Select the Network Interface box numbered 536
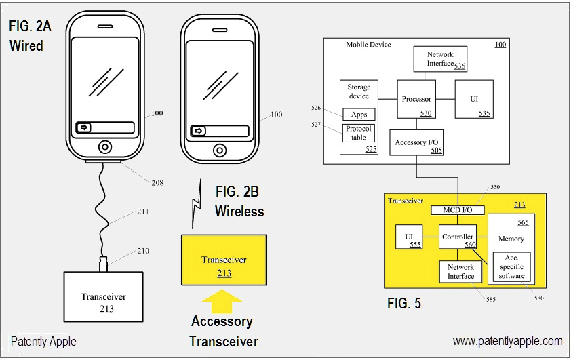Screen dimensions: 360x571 (440, 59)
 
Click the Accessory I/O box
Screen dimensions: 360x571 (416, 142)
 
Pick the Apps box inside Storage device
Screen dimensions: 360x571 (359, 115)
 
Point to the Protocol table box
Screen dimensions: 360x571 (359, 133)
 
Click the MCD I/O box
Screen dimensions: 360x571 (457, 210)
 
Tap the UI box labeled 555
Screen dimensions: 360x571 (409, 237)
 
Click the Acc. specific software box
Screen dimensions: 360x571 (511, 266)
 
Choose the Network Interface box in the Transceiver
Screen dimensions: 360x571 (460, 272)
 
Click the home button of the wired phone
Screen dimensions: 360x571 (104, 146)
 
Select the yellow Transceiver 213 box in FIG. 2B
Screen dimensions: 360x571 (224, 260)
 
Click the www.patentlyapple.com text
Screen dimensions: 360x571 (507, 341)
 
